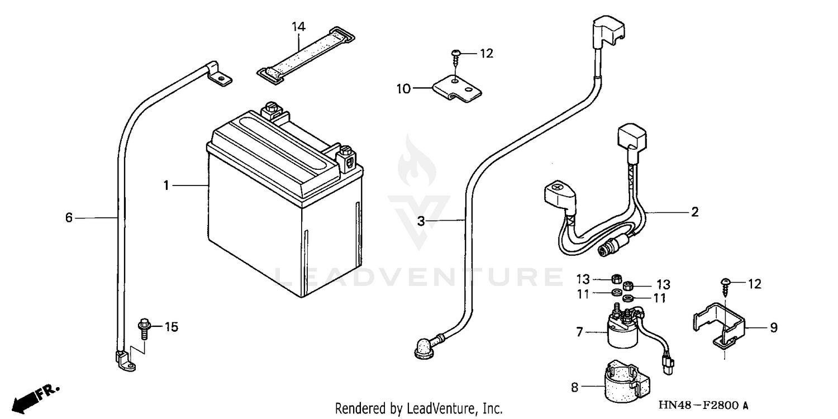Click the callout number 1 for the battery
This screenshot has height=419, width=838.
(166, 185)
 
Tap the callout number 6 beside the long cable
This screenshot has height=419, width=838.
(69, 217)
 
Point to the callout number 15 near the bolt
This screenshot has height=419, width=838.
(171, 327)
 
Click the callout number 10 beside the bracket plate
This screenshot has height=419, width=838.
(403, 88)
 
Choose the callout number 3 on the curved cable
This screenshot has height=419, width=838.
(421, 221)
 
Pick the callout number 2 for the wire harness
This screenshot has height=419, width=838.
(694, 212)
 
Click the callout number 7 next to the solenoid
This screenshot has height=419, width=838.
(579, 332)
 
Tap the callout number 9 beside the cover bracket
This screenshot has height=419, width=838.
(773, 328)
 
